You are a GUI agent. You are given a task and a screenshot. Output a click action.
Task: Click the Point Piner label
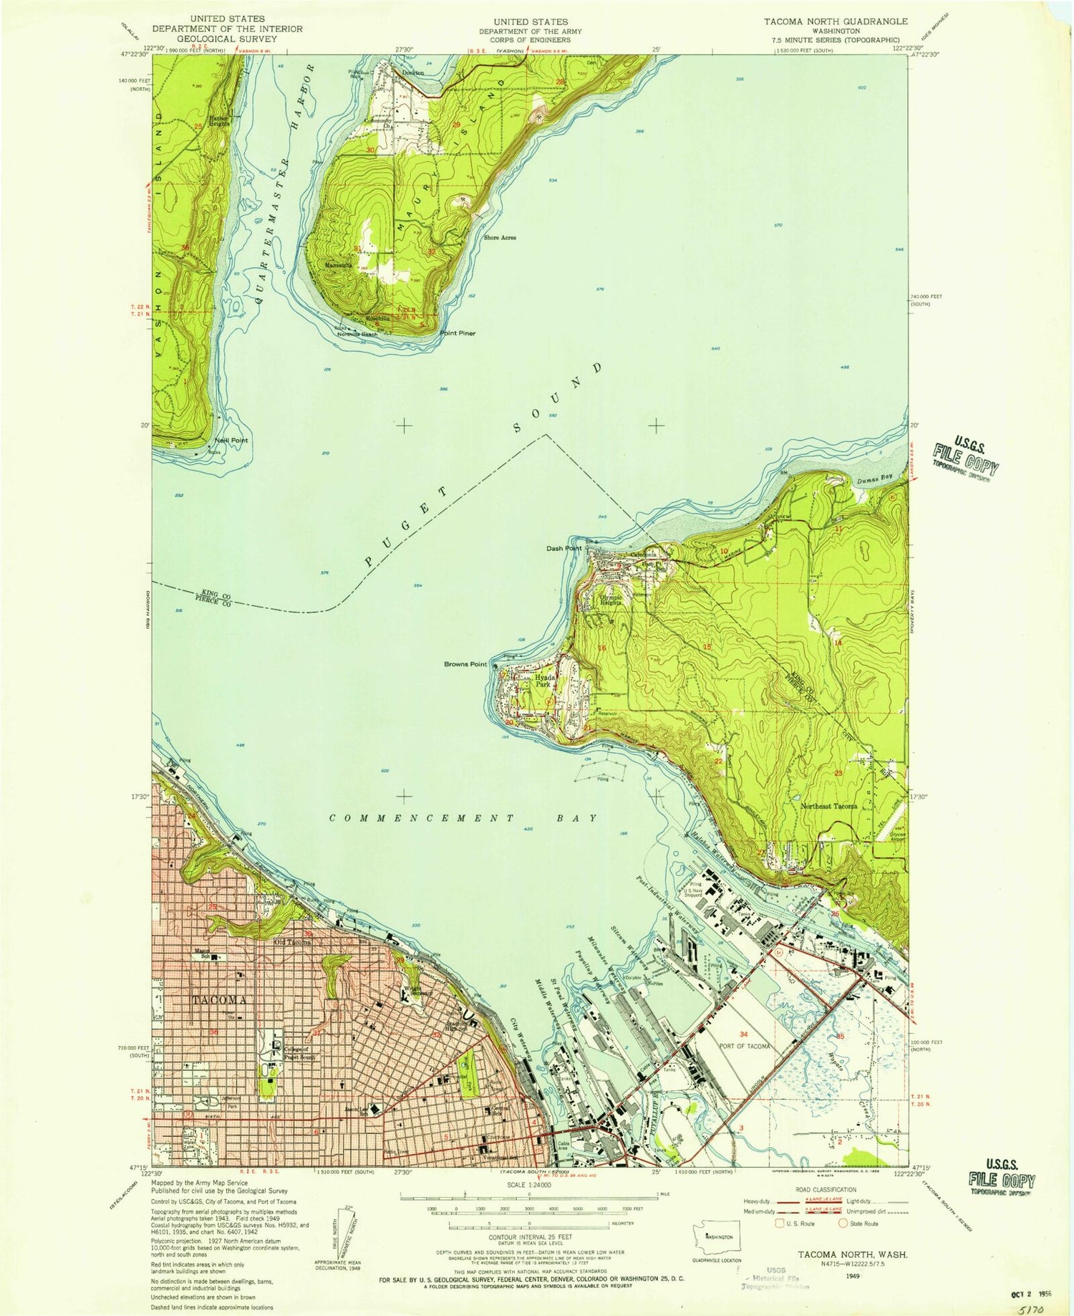458,333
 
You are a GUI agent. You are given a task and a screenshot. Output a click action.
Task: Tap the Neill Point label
231,440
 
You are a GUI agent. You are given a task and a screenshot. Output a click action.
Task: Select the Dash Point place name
563,549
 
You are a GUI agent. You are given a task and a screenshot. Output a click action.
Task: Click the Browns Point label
465,664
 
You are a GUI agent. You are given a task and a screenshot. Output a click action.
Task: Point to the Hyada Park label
546,680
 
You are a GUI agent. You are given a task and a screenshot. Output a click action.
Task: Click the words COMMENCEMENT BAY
463,817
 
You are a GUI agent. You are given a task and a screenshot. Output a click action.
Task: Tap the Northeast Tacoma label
828,806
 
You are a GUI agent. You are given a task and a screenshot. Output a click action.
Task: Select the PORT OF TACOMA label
745,1046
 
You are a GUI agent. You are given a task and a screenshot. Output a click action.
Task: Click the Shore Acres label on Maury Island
500,237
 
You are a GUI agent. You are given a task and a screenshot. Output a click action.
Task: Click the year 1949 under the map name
852,1276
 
